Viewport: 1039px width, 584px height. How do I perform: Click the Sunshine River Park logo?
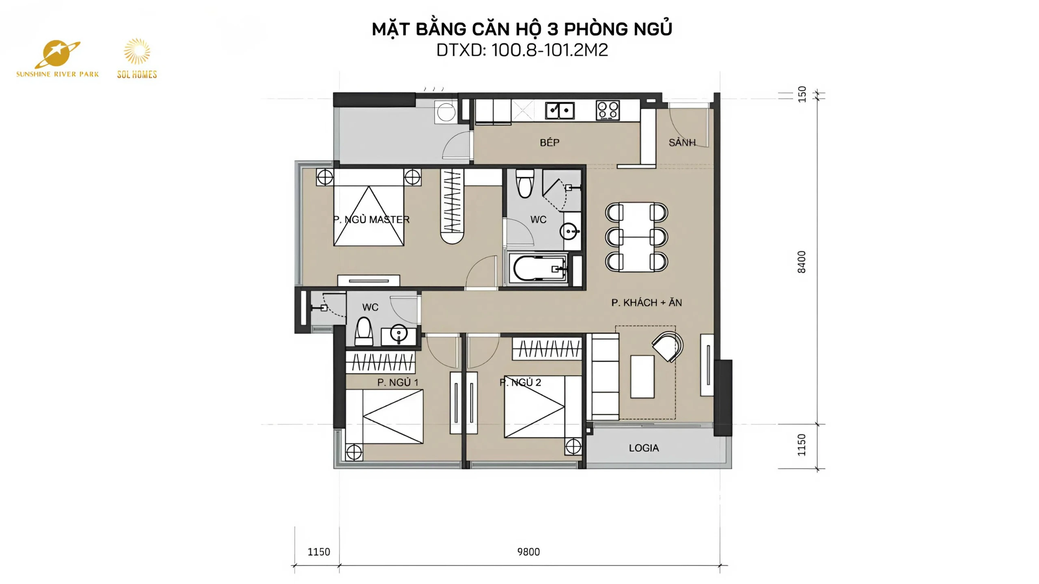(x=57, y=59)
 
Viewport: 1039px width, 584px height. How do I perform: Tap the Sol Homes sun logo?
(x=137, y=58)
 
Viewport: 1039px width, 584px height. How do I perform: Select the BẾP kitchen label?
(x=550, y=142)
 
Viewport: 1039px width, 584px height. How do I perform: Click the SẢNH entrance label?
(x=682, y=142)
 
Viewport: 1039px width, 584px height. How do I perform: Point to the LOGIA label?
(x=644, y=448)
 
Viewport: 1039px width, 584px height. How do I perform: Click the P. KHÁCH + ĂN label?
(x=647, y=302)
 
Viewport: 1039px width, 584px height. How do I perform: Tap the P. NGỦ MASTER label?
(x=371, y=220)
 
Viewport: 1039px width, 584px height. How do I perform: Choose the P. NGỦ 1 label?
(x=398, y=382)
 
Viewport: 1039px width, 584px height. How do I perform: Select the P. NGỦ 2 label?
(x=520, y=382)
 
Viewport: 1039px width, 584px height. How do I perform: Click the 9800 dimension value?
(x=528, y=552)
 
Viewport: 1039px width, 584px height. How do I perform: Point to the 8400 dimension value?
(x=802, y=262)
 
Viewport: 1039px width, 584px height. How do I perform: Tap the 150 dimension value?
(x=802, y=94)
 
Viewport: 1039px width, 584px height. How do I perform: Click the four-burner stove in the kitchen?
(x=608, y=110)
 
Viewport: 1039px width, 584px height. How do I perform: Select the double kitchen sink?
(x=560, y=110)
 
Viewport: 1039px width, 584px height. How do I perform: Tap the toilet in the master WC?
(x=525, y=183)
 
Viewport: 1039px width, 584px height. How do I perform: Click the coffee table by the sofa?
(x=642, y=377)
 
